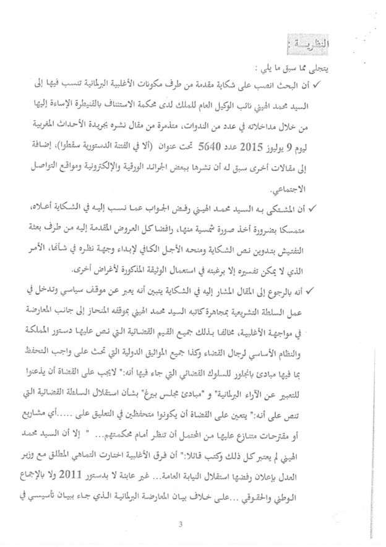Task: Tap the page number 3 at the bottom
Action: (180, 526)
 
